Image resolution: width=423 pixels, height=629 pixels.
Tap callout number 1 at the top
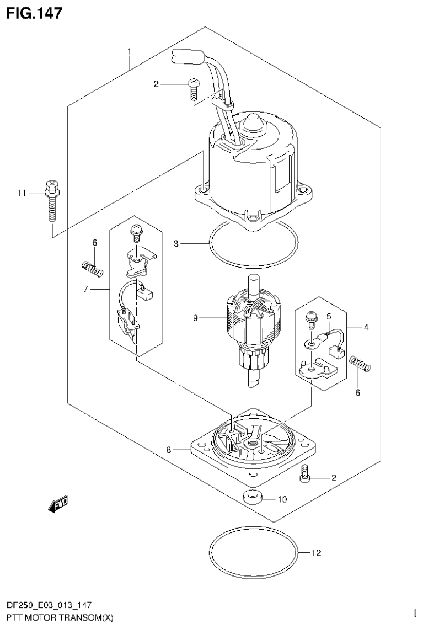point(129,52)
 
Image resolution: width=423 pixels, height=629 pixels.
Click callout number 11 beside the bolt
point(22,193)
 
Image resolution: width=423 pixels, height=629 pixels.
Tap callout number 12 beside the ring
point(317,552)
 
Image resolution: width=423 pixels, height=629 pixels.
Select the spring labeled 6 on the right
point(361,364)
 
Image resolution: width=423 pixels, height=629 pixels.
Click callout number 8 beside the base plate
point(169,450)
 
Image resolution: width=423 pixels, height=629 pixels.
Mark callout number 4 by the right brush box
point(366,327)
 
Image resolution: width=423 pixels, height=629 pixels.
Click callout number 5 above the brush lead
point(328,317)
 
